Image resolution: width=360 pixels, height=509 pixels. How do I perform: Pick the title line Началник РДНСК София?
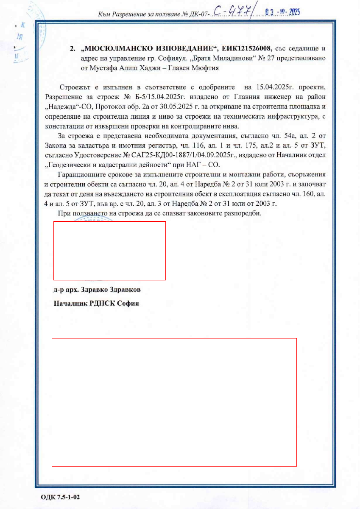coord(96,304)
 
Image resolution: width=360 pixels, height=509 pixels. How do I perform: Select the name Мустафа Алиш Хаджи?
coord(137,67)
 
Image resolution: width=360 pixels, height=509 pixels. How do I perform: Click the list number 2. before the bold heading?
coord(73,48)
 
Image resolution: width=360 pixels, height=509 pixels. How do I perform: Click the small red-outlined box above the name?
coord(109,250)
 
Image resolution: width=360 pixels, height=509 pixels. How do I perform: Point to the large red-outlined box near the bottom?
coord(174,402)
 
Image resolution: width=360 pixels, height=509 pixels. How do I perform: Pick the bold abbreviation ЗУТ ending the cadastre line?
coord(318,146)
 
